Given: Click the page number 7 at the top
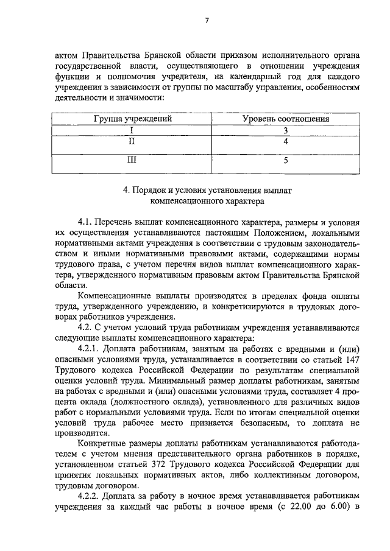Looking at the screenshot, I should click(x=207, y=21).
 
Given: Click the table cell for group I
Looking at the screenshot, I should click(x=132, y=130).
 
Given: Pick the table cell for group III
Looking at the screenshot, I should click(x=132, y=161).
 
